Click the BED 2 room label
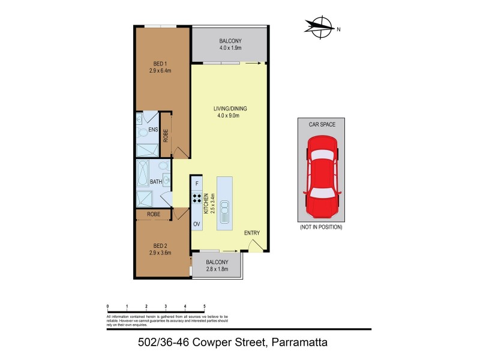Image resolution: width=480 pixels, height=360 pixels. pos(160,248)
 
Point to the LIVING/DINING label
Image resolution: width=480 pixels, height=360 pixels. pos(230,112)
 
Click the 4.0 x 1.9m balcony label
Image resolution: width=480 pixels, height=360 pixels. pos(230,44)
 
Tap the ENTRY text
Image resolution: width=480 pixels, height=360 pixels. pos(252,233)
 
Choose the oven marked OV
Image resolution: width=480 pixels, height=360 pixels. pos(196,224)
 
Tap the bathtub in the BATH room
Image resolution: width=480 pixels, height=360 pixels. pos(143,173)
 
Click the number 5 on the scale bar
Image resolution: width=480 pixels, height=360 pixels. pos(205,306)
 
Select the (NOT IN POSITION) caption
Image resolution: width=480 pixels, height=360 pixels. pos(320,228)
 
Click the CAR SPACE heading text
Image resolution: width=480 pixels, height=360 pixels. pos(320,124)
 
